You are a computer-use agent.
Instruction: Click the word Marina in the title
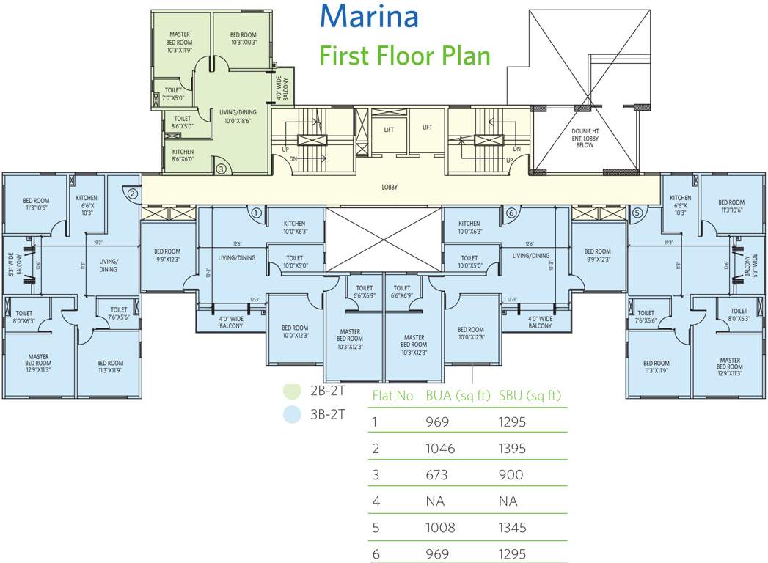(x=370, y=16)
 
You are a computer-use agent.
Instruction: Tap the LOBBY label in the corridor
(x=390, y=187)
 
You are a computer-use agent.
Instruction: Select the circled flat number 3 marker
(x=222, y=169)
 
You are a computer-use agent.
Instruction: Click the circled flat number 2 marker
(x=132, y=194)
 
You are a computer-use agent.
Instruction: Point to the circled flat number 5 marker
(x=637, y=213)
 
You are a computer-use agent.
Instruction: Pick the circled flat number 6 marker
(x=511, y=213)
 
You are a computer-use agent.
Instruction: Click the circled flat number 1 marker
(x=256, y=213)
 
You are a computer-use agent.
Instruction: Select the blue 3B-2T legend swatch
(x=292, y=415)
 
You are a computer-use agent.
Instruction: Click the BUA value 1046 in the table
(x=440, y=449)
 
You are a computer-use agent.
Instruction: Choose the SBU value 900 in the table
(x=511, y=475)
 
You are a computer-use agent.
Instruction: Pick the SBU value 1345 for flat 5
(x=514, y=528)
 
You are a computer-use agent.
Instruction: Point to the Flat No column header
(x=393, y=396)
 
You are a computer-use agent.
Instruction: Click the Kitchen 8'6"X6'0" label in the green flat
(x=183, y=155)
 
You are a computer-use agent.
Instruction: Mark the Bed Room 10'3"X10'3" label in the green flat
(x=243, y=39)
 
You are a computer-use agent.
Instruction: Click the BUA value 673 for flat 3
(x=438, y=475)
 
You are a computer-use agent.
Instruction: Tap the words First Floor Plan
(x=404, y=56)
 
